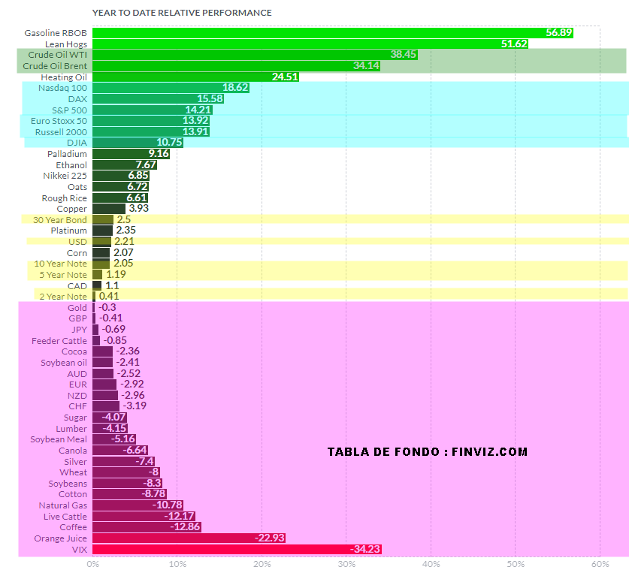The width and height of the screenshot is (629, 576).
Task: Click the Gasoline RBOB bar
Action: coord(331,33)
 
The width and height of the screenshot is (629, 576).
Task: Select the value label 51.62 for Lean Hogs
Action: coord(514,44)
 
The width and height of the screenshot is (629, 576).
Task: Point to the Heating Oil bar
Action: coord(195,77)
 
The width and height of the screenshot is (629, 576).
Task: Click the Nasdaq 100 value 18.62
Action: coord(234,88)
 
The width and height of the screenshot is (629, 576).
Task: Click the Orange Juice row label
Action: coord(60,538)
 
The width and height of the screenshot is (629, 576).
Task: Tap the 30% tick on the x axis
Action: coord(346,564)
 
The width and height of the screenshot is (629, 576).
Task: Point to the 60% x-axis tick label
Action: coord(600,564)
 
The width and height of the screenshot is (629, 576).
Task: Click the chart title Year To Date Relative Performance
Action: coord(182,13)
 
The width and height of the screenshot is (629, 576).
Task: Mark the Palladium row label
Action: coord(67,154)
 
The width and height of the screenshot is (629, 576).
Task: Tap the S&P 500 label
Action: coord(69,110)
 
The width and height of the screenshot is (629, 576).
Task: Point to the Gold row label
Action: coord(77,308)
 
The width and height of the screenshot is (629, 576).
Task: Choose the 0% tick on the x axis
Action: coord(92,564)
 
